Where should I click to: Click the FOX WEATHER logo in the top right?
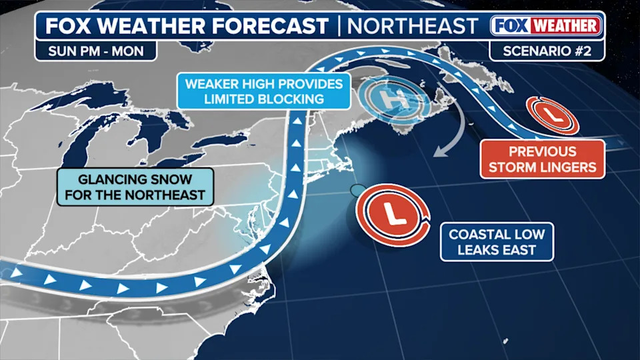546,26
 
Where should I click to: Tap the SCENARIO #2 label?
547,50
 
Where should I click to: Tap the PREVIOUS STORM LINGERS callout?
542,159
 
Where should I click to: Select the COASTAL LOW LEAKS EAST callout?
497,242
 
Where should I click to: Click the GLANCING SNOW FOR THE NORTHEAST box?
135,187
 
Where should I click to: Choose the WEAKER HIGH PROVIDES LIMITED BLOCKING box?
264,91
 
